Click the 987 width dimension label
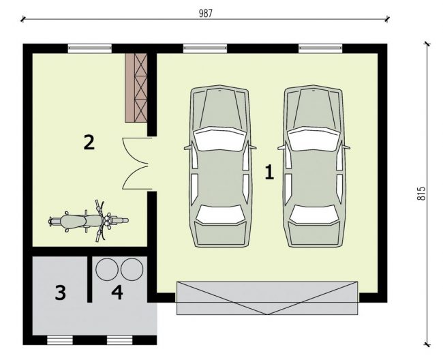[205, 13]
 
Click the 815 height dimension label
[421, 194]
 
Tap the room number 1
[269, 172]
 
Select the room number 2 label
[89, 142]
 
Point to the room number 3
[61, 292]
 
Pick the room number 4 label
[117, 292]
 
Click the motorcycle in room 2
[89, 221]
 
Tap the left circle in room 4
[107, 269]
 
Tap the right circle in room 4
[132, 269]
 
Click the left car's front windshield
[219, 138]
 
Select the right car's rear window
[314, 214]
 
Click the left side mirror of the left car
[187, 147]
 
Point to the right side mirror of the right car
[346, 147]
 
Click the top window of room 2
[90, 48]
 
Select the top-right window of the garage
[321, 48]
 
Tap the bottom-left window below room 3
[60, 340]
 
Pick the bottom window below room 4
[120, 340]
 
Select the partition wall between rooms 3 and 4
[89, 280]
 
